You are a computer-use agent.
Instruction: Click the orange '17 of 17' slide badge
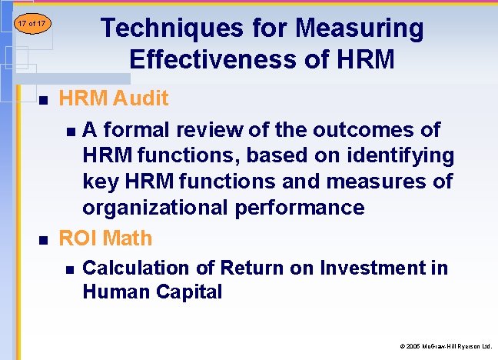coord(32,24)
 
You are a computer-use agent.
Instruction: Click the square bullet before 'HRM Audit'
coord(43,100)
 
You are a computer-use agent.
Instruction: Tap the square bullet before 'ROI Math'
coord(43,240)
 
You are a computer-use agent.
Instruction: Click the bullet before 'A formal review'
coord(71,130)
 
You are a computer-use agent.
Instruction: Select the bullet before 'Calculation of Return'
coord(71,269)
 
